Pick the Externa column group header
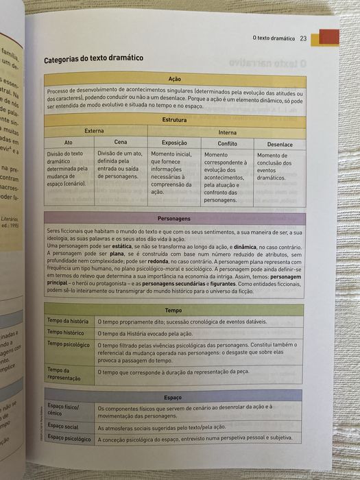tap(94, 130)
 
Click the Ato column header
tap(67, 143)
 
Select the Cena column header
tap(120, 143)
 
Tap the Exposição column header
tap(174, 143)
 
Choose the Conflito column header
tap(227, 144)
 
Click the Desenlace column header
tap(280, 145)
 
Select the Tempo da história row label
tap(67, 321)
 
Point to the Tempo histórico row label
tap(66, 333)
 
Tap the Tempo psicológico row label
tap(69, 344)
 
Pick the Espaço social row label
tap(63, 426)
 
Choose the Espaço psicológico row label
tap(69, 437)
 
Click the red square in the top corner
tap(329, 38)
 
